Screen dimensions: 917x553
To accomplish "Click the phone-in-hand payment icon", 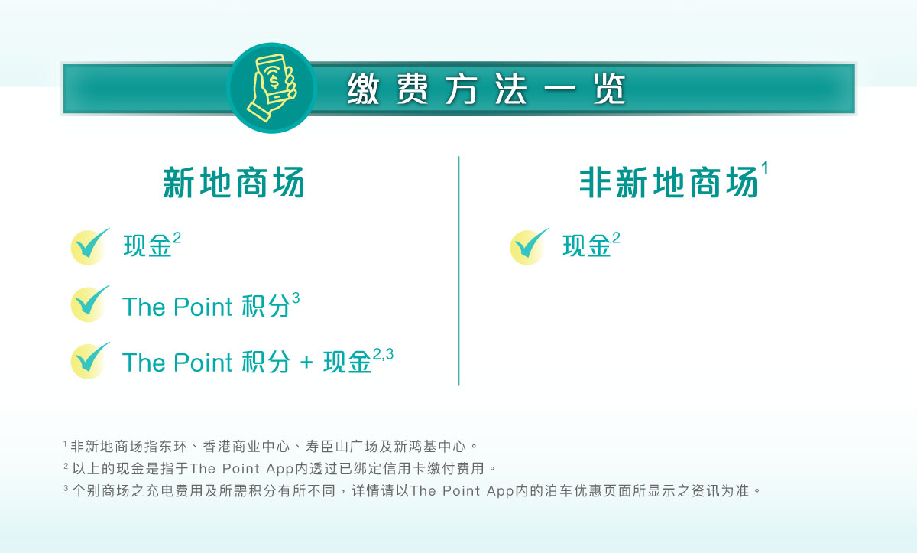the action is (x=271, y=88).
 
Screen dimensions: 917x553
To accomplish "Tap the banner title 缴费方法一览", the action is (x=486, y=89).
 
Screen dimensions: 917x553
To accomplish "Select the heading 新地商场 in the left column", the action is (x=234, y=183).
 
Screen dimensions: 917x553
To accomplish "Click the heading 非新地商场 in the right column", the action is (x=669, y=183).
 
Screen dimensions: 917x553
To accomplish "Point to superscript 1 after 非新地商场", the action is (x=765, y=168).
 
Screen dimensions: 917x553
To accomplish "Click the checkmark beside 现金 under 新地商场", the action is (x=90, y=246).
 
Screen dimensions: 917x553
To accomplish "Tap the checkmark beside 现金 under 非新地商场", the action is (x=530, y=246).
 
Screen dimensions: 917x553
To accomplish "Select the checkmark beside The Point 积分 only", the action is (x=90, y=304).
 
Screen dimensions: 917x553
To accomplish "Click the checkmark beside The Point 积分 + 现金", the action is (x=90, y=360).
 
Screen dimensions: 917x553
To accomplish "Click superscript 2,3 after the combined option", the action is (x=383, y=353).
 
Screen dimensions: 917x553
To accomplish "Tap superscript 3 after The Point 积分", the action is (x=296, y=298).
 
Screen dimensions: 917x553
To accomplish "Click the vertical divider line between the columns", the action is (x=459, y=271).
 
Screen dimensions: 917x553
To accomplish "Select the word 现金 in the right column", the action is (x=587, y=246).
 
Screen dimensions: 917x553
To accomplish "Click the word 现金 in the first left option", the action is (x=147, y=246).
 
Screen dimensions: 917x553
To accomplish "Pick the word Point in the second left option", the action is (x=203, y=307).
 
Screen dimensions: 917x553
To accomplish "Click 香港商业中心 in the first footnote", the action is (x=246, y=446).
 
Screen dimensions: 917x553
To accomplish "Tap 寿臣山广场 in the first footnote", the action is (x=342, y=446).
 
